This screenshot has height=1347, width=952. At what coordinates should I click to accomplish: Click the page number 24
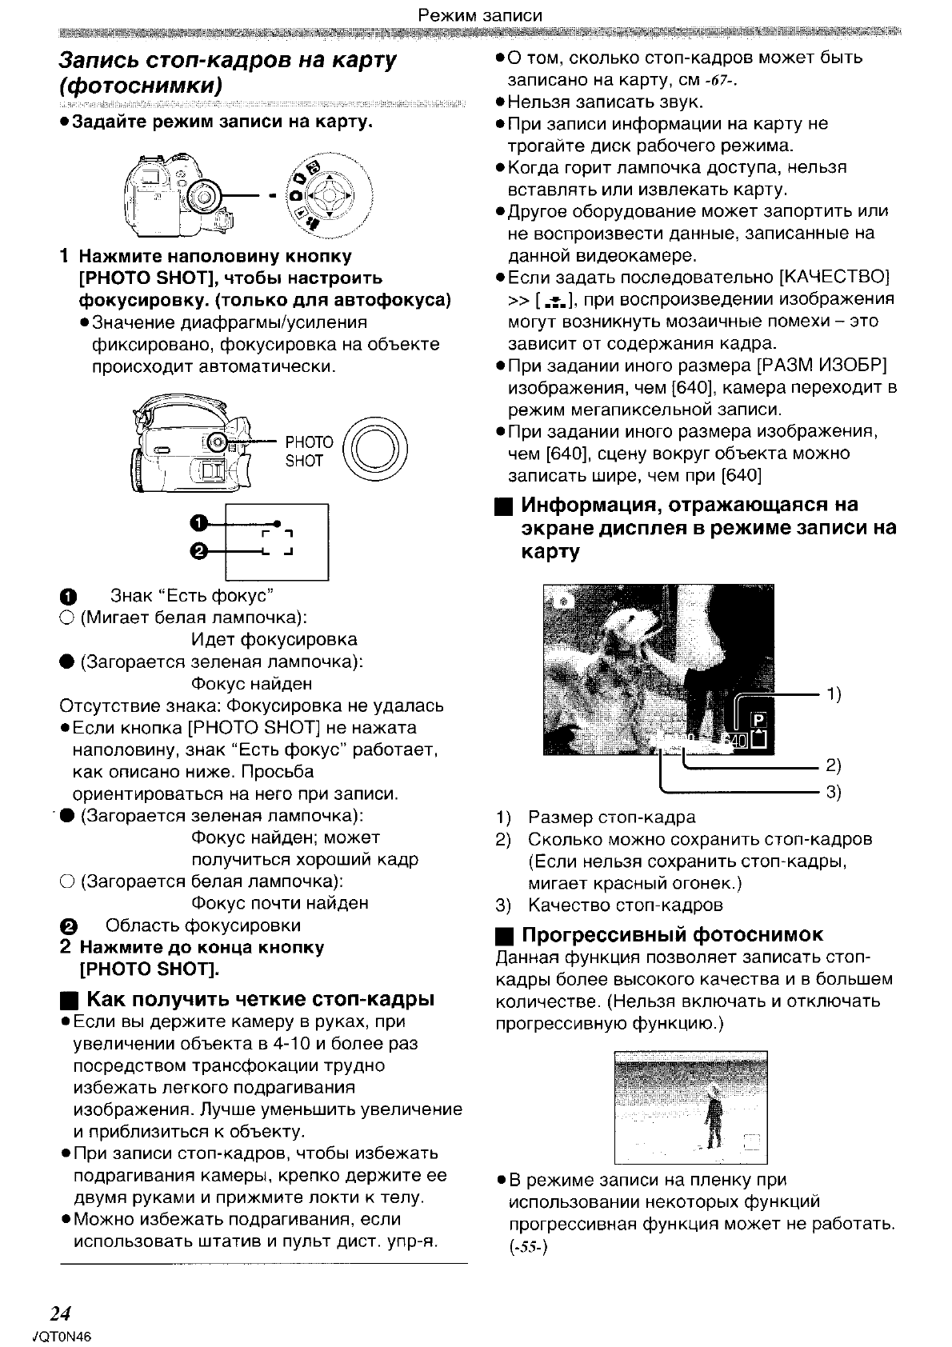pyautogui.click(x=61, y=1313)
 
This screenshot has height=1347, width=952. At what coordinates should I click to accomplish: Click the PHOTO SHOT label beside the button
pyautogui.click(x=309, y=451)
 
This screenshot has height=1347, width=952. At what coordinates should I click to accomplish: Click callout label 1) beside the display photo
pyautogui.click(x=834, y=693)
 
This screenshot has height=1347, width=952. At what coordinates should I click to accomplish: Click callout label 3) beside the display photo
pyautogui.click(x=834, y=793)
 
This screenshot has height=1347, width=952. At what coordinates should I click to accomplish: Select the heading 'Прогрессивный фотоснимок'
pyautogui.click(x=672, y=935)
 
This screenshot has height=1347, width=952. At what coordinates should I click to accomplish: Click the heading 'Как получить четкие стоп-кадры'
pyautogui.click(x=260, y=1000)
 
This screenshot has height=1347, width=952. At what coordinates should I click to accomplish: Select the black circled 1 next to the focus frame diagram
pyautogui.click(x=199, y=523)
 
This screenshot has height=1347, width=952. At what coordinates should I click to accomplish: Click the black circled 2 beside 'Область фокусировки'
pyautogui.click(x=67, y=926)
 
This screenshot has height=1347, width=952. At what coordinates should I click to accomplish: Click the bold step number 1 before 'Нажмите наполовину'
pyautogui.click(x=65, y=257)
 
